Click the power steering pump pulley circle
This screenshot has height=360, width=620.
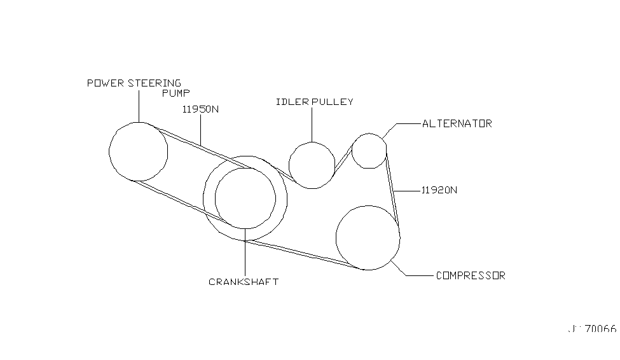(x=138, y=151)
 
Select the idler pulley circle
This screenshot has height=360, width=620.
(x=312, y=165)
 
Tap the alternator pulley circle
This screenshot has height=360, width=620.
(x=369, y=151)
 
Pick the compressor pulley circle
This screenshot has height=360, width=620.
(x=368, y=238)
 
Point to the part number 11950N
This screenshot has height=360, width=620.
(x=200, y=109)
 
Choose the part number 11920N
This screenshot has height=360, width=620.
(x=439, y=190)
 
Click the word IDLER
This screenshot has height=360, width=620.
(x=289, y=102)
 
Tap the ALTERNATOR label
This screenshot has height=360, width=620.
(x=457, y=123)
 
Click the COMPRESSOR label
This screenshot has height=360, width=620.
(x=471, y=276)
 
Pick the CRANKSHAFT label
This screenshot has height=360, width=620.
(x=244, y=282)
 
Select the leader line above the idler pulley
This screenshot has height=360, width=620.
(x=312, y=124)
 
